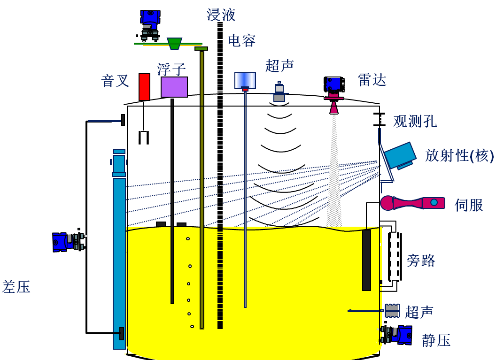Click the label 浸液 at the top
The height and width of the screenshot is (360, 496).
(x=221, y=15)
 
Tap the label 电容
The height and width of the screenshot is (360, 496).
(x=241, y=40)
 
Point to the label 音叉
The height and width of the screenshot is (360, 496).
(x=115, y=81)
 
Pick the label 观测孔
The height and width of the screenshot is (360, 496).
(x=415, y=122)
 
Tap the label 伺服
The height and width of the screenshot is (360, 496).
(x=469, y=205)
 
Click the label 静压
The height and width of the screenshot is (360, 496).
(x=436, y=340)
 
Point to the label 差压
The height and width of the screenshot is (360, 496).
(x=16, y=287)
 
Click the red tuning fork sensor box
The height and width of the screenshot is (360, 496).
(x=144, y=87)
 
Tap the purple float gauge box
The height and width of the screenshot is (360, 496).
(x=174, y=87)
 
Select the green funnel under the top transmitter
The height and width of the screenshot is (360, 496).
(x=175, y=44)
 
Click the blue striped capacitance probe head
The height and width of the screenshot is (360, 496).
(x=245, y=80)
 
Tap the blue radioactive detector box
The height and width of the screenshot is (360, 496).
(x=400, y=155)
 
